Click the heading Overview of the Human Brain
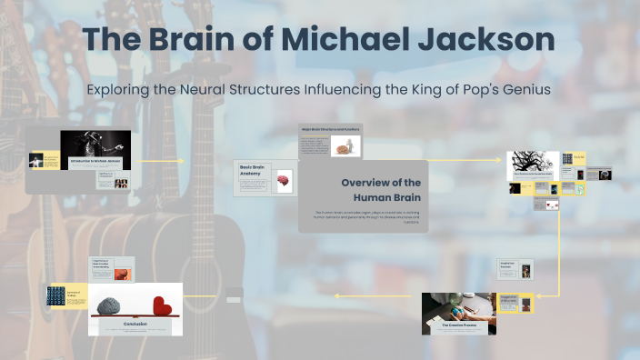(381, 190)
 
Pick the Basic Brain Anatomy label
(254, 172)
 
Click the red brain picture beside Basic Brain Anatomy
(284, 181)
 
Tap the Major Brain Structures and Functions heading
(330, 129)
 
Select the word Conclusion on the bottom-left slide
(135, 322)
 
